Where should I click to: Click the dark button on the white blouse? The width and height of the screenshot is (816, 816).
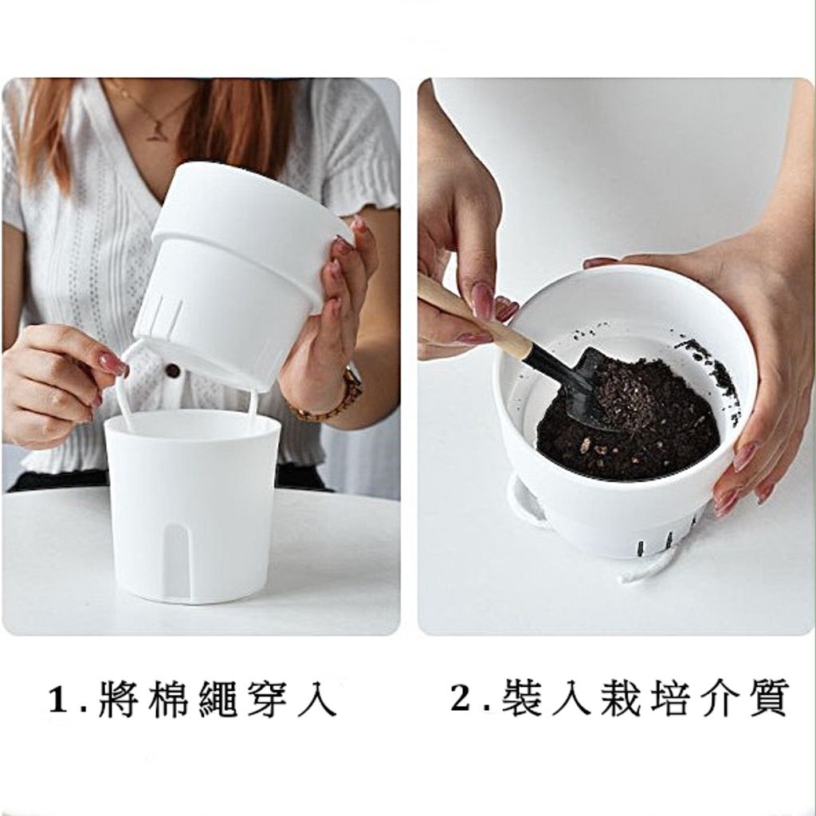click(172, 370)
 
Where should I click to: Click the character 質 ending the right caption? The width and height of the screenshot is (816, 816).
click(766, 698)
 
